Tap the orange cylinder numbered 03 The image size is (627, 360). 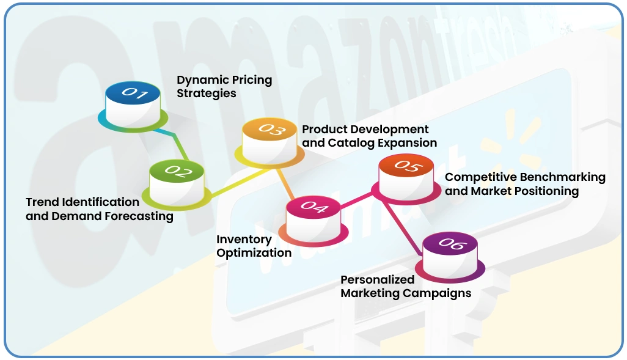[x=269, y=140]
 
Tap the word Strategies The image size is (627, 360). [x=207, y=94]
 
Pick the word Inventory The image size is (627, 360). [x=244, y=240]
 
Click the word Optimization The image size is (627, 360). [x=254, y=253]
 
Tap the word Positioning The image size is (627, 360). [x=546, y=191]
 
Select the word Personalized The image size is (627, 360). [x=377, y=279]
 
